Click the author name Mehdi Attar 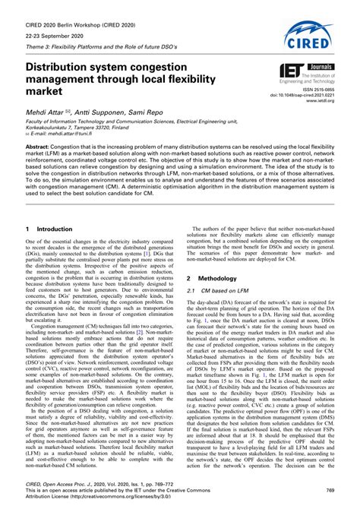coord(46,112)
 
